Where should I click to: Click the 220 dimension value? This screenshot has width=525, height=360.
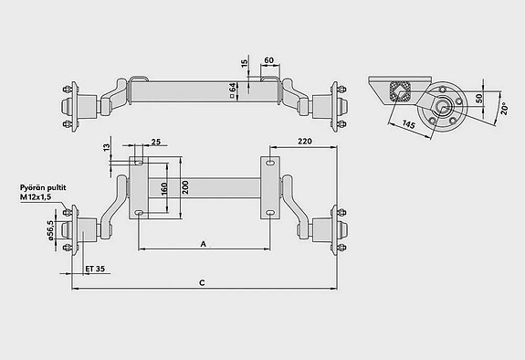(x=304, y=141)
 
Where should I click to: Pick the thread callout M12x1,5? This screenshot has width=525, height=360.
(x=35, y=196)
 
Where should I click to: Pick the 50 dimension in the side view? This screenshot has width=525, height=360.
(x=477, y=98)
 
